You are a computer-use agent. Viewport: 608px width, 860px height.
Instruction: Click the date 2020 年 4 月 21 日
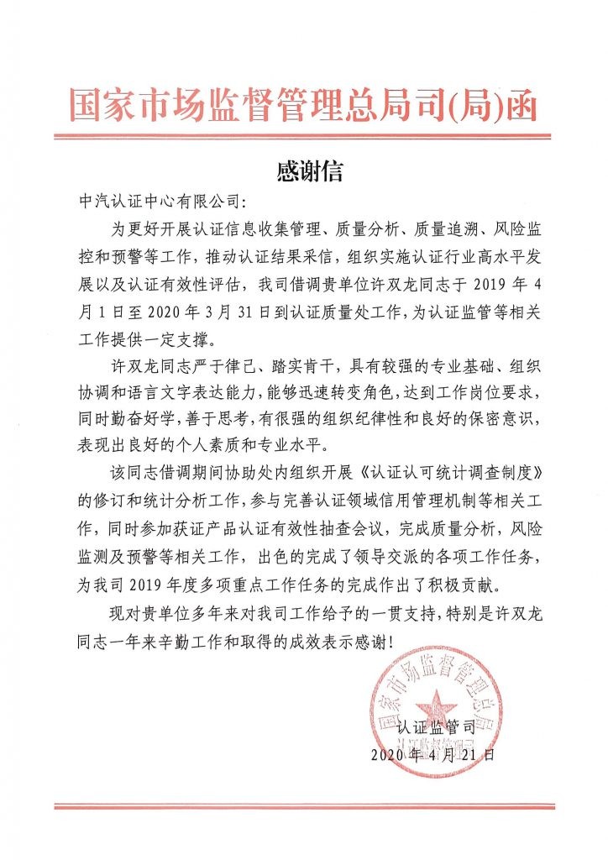pos(433,754)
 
